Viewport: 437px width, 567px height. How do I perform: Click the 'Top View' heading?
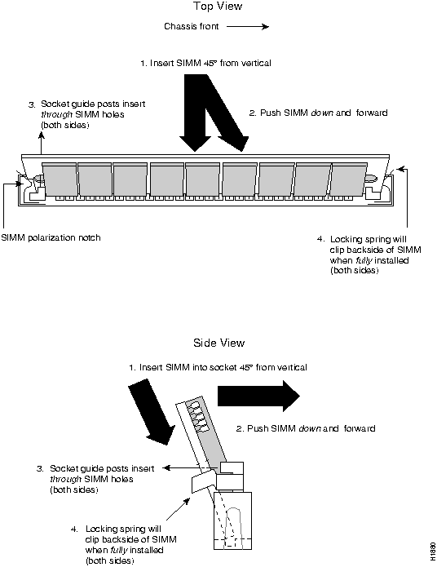tap(217, 7)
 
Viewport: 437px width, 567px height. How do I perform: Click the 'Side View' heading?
tap(219, 343)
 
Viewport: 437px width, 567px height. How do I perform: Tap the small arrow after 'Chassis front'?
tap(248, 26)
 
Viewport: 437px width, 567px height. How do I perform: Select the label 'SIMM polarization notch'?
tap(51, 237)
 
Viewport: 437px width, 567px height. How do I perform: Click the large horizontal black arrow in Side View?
tap(258, 396)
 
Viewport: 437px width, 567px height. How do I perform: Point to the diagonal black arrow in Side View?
tap(152, 410)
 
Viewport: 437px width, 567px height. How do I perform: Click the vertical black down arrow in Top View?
tap(195, 113)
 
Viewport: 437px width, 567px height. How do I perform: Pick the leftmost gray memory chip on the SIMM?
tap(60, 179)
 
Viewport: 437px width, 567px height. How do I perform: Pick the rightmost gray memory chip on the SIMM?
tap(348, 179)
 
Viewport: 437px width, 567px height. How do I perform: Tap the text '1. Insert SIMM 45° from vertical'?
tap(205, 64)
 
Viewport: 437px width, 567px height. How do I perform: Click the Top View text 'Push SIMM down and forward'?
tap(324, 113)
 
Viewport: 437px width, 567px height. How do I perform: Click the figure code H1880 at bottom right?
tap(433, 551)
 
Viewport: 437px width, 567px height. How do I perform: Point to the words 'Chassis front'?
tap(192, 26)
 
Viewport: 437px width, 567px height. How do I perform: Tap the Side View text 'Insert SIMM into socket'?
tap(188, 367)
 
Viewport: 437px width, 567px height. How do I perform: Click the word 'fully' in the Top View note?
tap(364, 260)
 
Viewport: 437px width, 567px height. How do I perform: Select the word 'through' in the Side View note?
tap(65, 479)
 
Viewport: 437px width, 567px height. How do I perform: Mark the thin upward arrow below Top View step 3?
tap(42, 144)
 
